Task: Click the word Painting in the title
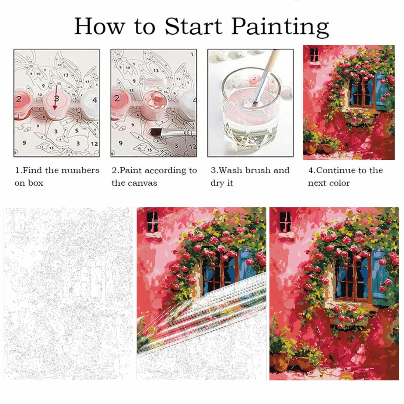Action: coord(280,27)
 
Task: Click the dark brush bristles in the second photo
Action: coord(155,132)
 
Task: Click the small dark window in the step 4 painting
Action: coord(314,55)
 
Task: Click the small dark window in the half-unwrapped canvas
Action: coord(152,221)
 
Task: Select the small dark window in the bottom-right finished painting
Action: coord(285,221)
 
